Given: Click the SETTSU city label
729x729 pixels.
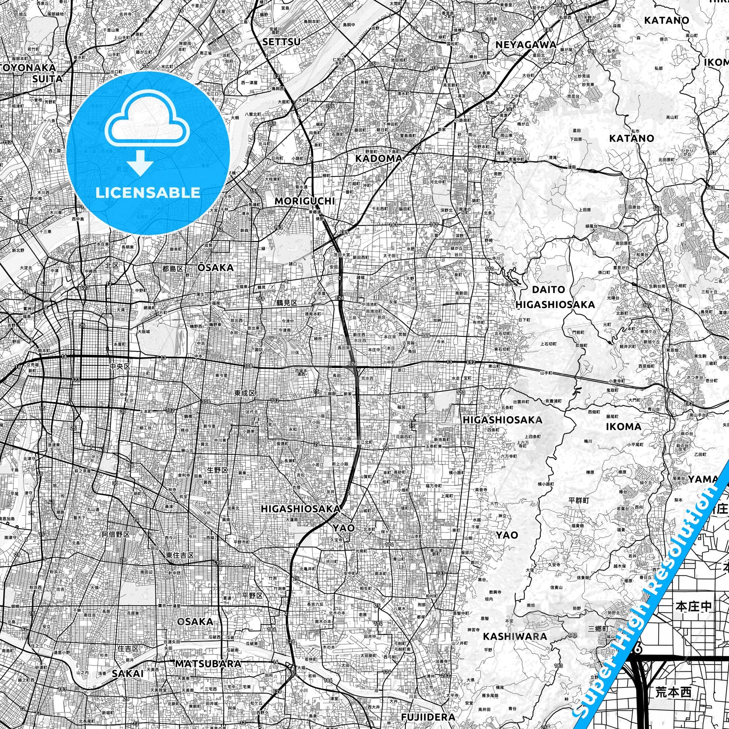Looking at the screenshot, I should coord(281,42).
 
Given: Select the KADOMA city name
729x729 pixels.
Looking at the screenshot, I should coord(378,158).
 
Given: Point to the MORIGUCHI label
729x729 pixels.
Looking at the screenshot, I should coord(304,201).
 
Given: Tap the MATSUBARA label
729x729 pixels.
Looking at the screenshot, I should coord(207,664).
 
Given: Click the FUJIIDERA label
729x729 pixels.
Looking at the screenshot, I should coord(428,717).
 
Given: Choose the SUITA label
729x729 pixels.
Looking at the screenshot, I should coord(47,79).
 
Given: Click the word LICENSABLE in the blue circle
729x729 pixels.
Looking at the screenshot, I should coord(148,193).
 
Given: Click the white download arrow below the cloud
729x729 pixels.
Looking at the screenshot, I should coord(140,163).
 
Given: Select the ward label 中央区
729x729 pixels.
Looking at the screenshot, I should coord(120,366).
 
